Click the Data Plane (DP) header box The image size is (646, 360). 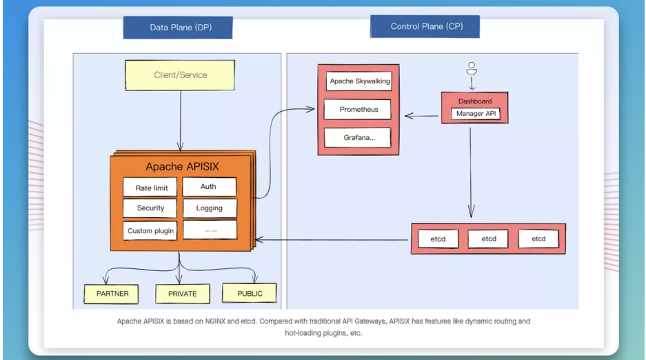pos(178,28)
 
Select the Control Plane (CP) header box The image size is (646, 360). pos(425,26)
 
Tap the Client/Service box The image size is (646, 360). pos(180,75)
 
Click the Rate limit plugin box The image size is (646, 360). pos(150,188)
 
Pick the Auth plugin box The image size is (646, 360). pos(210,187)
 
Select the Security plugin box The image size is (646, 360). pos(150,208)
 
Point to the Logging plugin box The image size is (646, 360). pos(210,208)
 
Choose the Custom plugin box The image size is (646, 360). pos(150,230)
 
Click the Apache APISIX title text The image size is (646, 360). pos(182,166)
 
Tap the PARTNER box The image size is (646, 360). pos(111,294)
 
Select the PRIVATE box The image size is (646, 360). pos(183,294)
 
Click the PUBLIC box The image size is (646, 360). pos(250,293)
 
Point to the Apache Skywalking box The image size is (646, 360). pos(359,81)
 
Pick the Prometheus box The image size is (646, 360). pos(358,110)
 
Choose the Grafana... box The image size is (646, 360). pos(358,137)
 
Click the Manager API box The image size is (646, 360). pos(476,114)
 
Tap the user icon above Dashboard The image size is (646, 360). pos(472,68)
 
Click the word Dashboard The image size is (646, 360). pos(475,101)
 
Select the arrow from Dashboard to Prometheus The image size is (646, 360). pos(421,116)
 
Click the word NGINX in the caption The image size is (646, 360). pos(216,321)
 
